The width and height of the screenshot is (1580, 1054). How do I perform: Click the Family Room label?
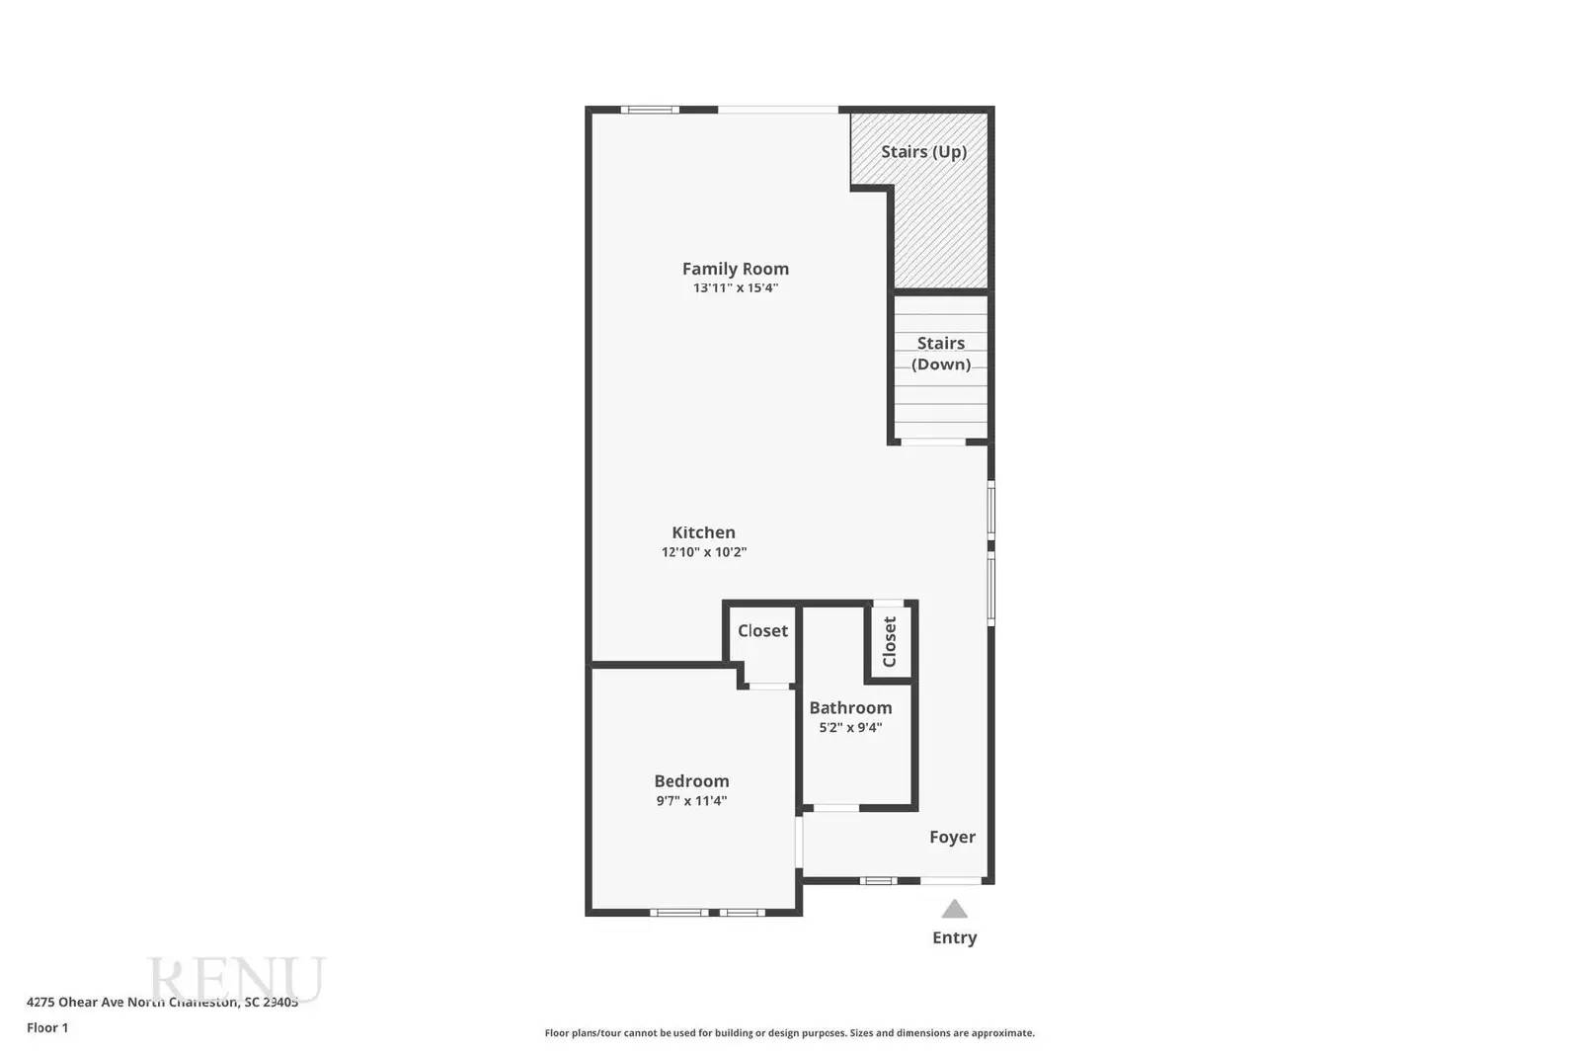[x=735, y=269]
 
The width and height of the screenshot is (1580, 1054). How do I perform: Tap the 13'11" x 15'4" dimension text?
[x=735, y=288]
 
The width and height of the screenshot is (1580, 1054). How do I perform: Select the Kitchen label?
[x=703, y=532]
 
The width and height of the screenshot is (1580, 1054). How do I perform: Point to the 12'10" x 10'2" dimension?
[x=703, y=552]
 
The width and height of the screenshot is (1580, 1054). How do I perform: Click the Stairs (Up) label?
[x=923, y=151]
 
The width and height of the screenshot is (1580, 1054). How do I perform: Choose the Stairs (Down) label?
[x=940, y=354]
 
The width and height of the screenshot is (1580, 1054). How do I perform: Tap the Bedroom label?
[x=691, y=781]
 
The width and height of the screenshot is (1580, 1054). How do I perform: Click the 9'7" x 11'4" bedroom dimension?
[x=691, y=801]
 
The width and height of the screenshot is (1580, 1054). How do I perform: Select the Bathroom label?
[x=850, y=707]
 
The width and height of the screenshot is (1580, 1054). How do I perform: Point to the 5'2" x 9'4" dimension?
[x=850, y=728]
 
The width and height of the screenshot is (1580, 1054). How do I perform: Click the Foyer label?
[x=952, y=837]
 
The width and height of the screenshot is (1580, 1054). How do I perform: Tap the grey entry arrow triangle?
[x=954, y=909]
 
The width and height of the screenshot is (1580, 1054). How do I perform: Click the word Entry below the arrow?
[x=954, y=937]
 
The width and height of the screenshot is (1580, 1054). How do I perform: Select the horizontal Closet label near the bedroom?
[x=762, y=630]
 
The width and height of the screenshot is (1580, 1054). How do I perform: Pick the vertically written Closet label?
[x=890, y=642]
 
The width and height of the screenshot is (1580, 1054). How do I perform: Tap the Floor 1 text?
[x=47, y=1027]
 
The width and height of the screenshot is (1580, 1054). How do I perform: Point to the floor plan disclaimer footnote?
[x=789, y=1033]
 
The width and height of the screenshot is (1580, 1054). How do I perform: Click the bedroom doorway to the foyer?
[x=799, y=842]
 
